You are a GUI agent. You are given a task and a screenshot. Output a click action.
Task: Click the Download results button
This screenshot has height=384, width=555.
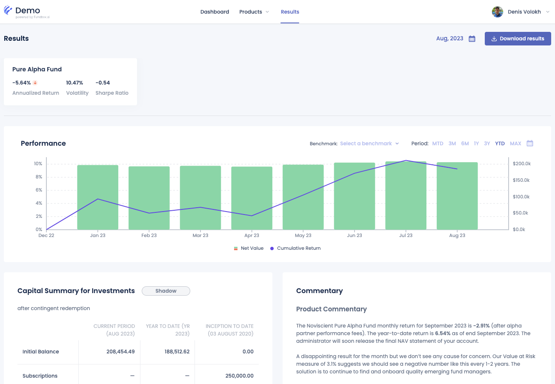pyautogui.click(x=518, y=39)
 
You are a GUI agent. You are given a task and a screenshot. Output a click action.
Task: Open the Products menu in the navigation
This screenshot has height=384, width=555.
pyautogui.click(x=254, y=12)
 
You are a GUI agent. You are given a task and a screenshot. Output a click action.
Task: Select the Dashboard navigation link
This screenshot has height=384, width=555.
pyautogui.click(x=215, y=12)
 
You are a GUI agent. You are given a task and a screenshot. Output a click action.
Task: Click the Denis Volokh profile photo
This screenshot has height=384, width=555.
pyautogui.click(x=497, y=12)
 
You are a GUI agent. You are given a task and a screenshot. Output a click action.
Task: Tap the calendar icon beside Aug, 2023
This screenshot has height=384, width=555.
pyautogui.click(x=472, y=39)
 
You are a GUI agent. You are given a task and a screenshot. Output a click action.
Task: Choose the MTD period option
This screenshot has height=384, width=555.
pyautogui.click(x=438, y=144)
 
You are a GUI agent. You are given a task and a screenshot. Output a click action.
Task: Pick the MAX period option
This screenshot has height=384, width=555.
pyautogui.click(x=515, y=144)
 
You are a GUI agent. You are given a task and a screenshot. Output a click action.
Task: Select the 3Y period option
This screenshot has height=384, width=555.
pyautogui.click(x=487, y=144)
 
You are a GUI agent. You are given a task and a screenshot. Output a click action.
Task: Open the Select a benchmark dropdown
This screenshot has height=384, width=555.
pyautogui.click(x=369, y=144)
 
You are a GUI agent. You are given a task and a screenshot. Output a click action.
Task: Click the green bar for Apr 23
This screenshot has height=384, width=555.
pyautogui.click(x=252, y=198)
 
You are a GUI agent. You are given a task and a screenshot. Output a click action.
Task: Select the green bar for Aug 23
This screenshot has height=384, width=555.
pyautogui.click(x=457, y=196)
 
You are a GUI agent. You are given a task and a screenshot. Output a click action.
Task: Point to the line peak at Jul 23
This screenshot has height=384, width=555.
pyautogui.click(x=406, y=161)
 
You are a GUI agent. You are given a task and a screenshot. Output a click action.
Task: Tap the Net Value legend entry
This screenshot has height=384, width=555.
pyautogui.click(x=249, y=248)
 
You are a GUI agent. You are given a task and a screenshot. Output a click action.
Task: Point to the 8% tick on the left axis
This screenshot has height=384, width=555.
pyautogui.click(x=39, y=177)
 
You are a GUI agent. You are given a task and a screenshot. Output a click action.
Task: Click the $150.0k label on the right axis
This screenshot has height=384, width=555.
pyautogui.click(x=521, y=180)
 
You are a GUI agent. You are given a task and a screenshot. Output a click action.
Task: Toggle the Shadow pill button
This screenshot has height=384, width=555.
pyautogui.click(x=166, y=291)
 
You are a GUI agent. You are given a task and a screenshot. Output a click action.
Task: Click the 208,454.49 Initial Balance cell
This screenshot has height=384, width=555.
pyautogui.click(x=120, y=352)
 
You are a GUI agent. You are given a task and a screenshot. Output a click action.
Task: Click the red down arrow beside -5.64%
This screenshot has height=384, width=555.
pyautogui.click(x=35, y=83)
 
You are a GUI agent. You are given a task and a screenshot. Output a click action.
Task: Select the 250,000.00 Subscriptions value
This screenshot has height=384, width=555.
pyautogui.click(x=239, y=376)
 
